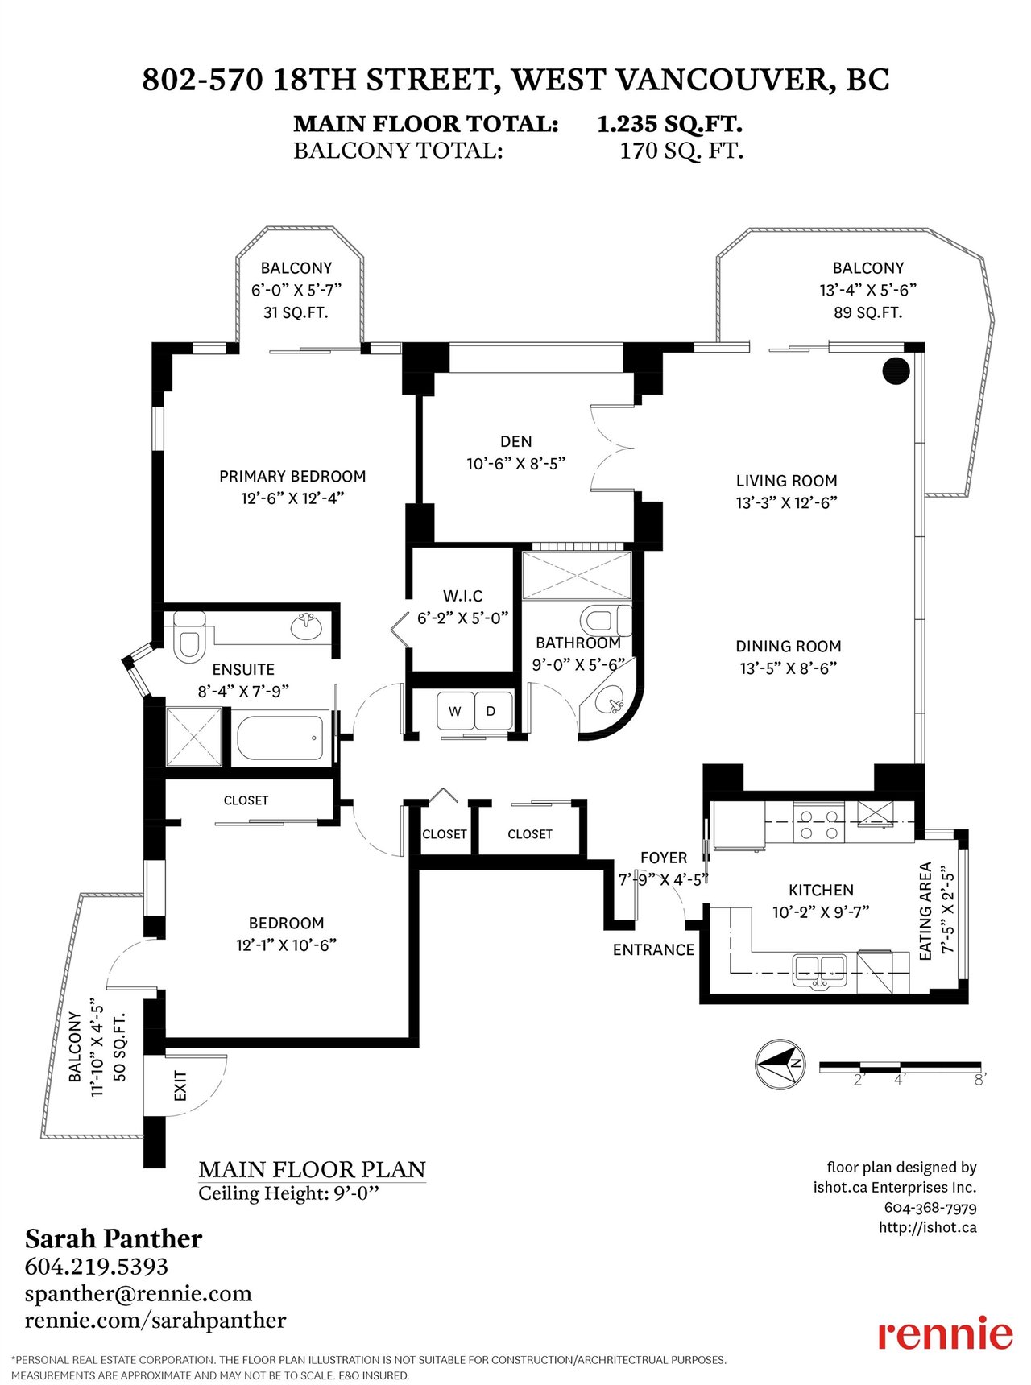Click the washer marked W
click(456, 711)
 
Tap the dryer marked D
click(491, 711)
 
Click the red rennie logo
click(945, 1333)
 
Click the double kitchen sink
click(818, 969)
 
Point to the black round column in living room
click(896, 370)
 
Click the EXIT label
click(180, 1086)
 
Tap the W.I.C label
click(462, 596)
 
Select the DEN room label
click(515, 441)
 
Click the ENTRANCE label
click(653, 950)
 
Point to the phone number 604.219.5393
click(97, 1267)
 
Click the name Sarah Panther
click(114, 1238)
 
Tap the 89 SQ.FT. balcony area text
click(868, 312)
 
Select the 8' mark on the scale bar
click(980, 1080)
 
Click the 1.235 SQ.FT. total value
click(669, 124)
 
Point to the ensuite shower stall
click(193, 738)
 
